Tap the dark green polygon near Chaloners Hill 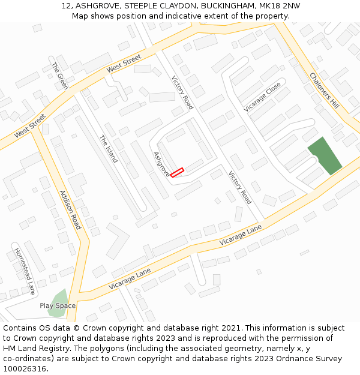tap(324, 156)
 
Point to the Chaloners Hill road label tap(324, 91)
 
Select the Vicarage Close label tap(262, 97)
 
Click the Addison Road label tap(70, 210)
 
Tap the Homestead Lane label tap(25, 271)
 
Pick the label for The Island tap(109, 149)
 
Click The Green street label tap(60, 76)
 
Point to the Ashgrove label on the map tap(161, 164)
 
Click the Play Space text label tap(58, 306)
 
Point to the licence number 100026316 tap(25, 369)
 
